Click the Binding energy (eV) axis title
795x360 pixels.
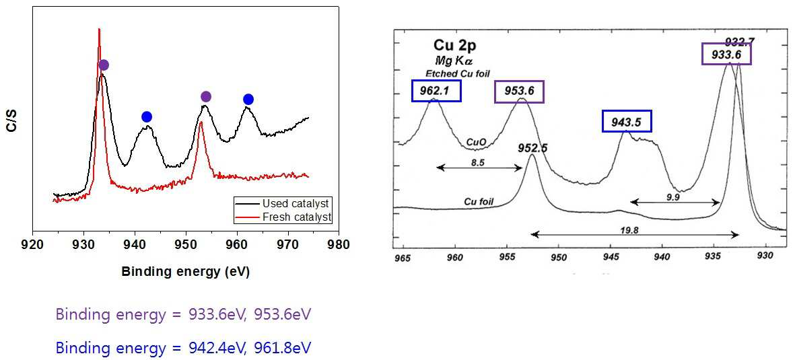pyautogui.click(x=186, y=272)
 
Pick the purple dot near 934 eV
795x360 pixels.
pyautogui.click(x=104, y=65)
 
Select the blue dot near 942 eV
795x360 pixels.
pyautogui.click(x=147, y=117)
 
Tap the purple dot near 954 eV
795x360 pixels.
pyautogui.click(x=206, y=96)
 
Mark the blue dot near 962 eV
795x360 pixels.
pyautogui.click(x=248, y=99)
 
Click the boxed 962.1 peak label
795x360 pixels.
pyautogui.click(x=436, y=92)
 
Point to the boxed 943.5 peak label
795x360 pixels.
pyautogui.click(x=627, y=122)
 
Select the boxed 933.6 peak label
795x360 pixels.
pyautogui.click(x=726, y=54)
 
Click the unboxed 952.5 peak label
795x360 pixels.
pyautogui.click(x=533, y=147)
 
